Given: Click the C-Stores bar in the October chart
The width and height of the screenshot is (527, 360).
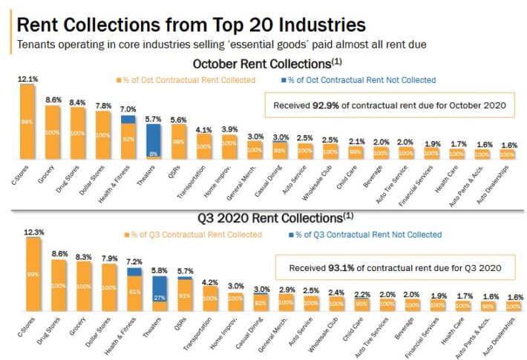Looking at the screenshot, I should [x=27, y=122].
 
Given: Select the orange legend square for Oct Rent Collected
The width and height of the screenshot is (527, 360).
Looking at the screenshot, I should [x=117, y=80].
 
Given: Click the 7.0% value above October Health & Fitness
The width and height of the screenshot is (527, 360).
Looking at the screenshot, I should [x=128, y=109].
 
